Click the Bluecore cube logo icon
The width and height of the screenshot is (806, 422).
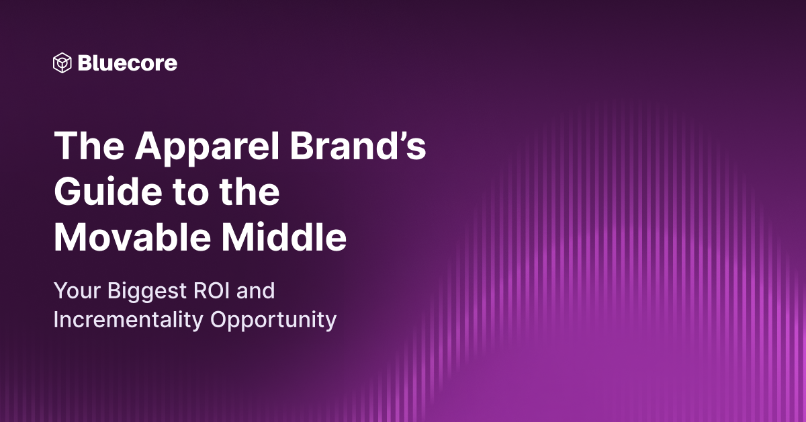tap(62, 63)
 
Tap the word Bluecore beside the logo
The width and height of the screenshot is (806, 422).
tap(128, 63)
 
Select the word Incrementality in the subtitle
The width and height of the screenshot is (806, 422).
tap(129, 321)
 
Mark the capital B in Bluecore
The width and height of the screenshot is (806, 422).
tap(85, 63)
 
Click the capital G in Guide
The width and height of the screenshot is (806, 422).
tap(69, 194)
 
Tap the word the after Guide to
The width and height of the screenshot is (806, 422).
tap(249, 194)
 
